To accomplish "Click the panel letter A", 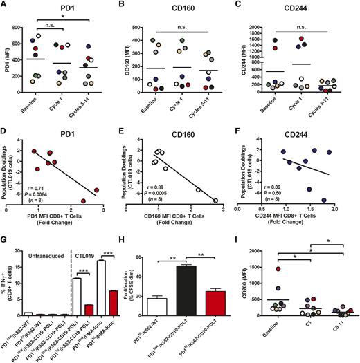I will [5, 6].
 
